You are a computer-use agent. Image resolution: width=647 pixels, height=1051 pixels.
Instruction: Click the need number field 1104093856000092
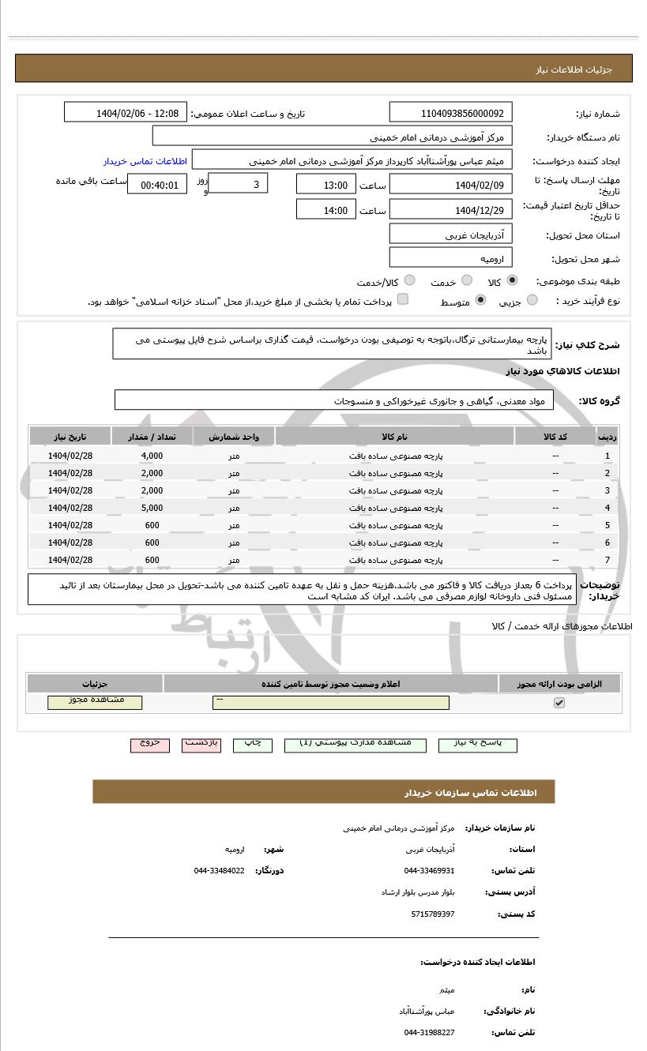pos(451,113)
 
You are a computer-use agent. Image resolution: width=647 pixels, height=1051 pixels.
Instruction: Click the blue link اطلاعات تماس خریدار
pos(145,160)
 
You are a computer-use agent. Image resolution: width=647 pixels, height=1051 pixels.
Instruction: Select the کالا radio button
pos(513,281)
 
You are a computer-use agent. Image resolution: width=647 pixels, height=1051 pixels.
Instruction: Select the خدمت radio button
pos(467,281)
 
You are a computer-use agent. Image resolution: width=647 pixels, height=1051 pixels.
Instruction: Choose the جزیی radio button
pos(532,300)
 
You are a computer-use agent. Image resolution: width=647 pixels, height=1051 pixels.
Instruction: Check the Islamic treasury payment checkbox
pos(403,299)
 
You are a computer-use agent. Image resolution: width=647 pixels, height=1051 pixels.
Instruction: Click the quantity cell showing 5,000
pos(152,508)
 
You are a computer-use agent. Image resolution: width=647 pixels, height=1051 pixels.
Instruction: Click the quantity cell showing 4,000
pos(152,456)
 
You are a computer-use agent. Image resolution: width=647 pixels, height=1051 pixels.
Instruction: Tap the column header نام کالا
pos(394,437)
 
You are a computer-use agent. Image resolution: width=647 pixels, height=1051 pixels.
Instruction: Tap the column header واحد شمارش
pos(235,437)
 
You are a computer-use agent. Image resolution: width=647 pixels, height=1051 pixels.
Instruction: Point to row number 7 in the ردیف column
pos(607,560)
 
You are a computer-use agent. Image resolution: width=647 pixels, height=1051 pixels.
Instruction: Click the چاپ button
pos(252,744)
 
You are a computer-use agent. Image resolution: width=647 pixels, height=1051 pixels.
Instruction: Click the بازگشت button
pos(201,744)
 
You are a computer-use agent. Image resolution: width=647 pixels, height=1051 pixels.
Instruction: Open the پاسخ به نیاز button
pos(477,744)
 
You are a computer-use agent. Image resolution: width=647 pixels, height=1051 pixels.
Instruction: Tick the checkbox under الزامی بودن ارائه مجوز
pos(559,702)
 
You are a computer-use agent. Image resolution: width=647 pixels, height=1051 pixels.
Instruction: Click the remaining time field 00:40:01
pos(158,185)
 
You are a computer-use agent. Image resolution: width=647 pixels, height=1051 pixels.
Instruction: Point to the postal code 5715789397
pos(433,914)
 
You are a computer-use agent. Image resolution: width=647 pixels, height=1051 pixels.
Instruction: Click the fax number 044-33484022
pos(219,870)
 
